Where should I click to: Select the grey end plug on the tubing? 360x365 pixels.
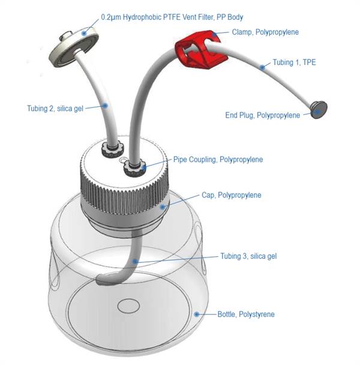(319, 109)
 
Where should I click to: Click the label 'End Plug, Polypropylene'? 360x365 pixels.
(262, 115)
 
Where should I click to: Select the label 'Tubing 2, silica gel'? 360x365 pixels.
(55, 108)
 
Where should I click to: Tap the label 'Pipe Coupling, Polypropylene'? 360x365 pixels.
(218, 160)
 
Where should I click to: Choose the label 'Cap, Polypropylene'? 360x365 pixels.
(230, 195)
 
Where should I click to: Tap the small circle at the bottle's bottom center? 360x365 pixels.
(128, 307)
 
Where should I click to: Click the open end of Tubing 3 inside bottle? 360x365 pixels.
(103, 279)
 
